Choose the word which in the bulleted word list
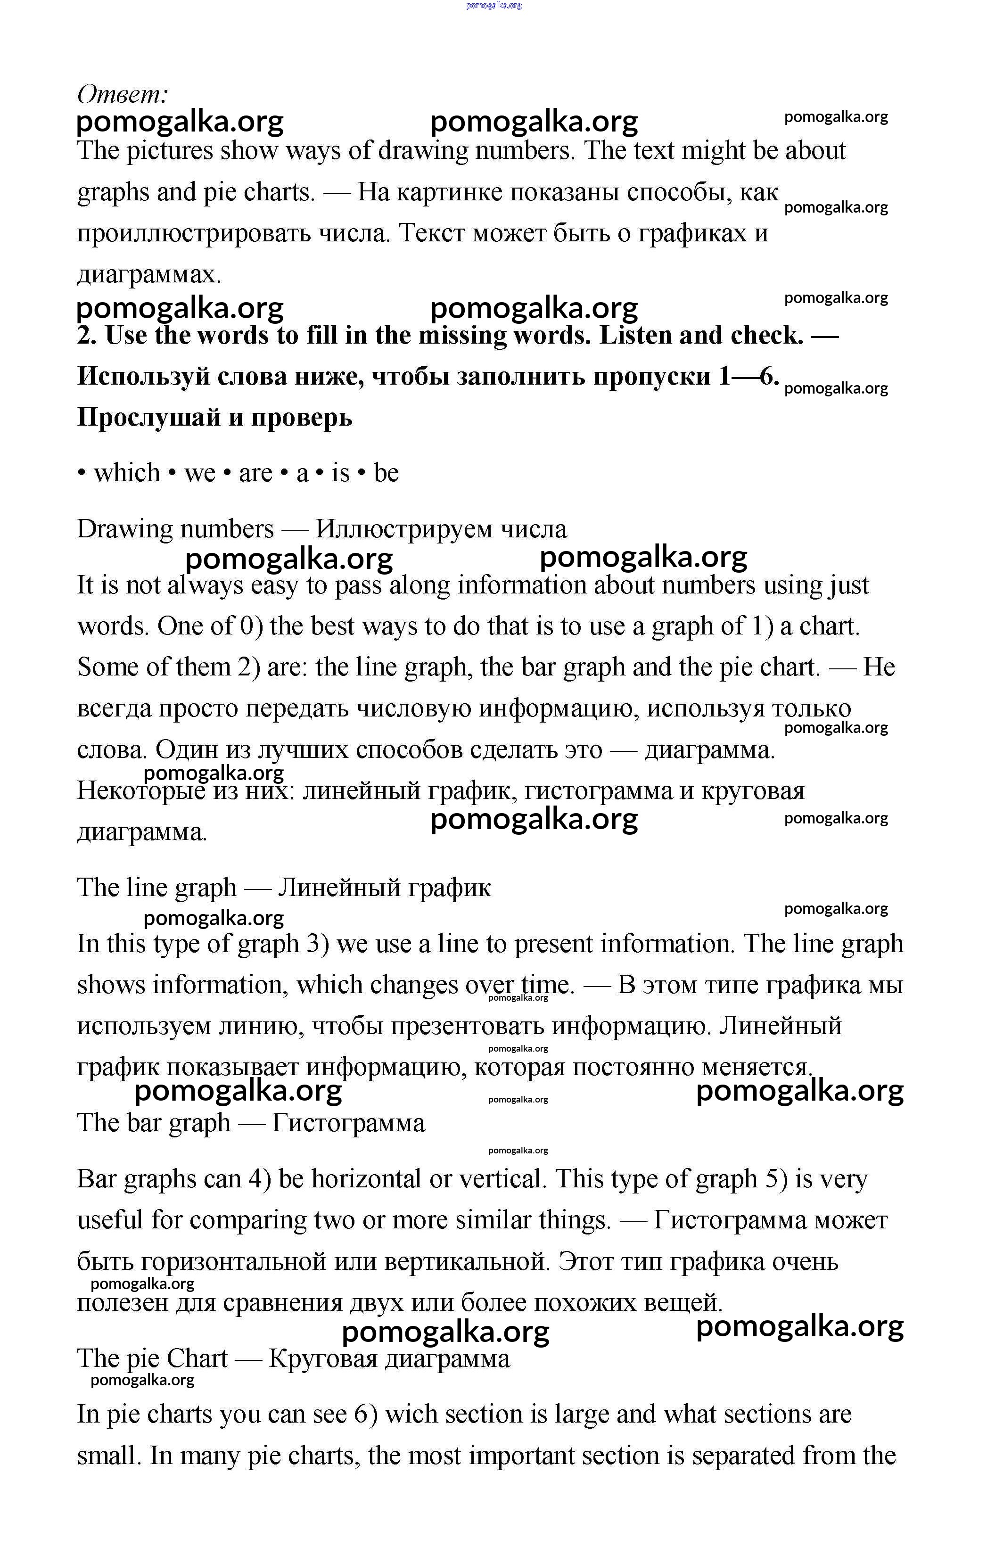127,473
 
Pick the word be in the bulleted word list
387,473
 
